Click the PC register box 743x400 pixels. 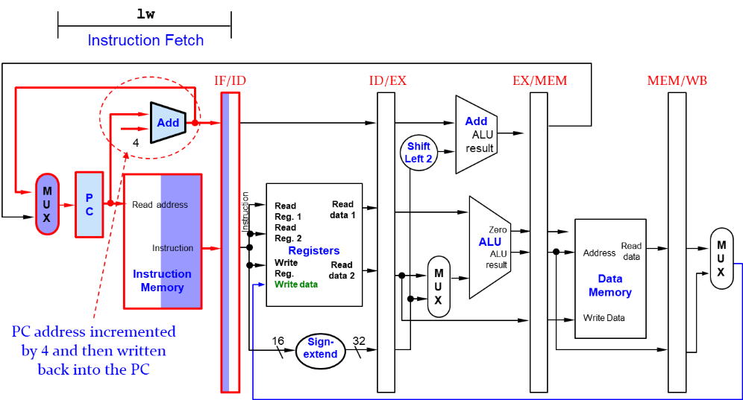point(90,204)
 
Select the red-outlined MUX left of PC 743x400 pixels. point(47,203)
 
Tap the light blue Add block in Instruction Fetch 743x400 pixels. point(168,122)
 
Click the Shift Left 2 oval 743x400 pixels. point(418,153)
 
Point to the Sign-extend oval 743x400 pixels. point(321,349)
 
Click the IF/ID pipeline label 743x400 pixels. point(230,80)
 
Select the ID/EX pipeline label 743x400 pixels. point(388,80)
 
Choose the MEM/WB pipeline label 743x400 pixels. point(677,80)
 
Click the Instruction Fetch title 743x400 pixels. point(145,40)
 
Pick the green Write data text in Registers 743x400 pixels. point(296,285)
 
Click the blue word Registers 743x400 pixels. point(314,251)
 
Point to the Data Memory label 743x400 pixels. point(610,285)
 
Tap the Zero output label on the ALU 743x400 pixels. point(498,230)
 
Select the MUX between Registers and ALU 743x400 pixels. point(439,286)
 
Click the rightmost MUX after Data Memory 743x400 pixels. point(721,258)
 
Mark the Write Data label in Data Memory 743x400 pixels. point(604,318)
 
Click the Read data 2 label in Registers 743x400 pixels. point(342,270)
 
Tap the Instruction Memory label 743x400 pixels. point(162,281)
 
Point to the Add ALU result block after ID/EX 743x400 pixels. point(477,134)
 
